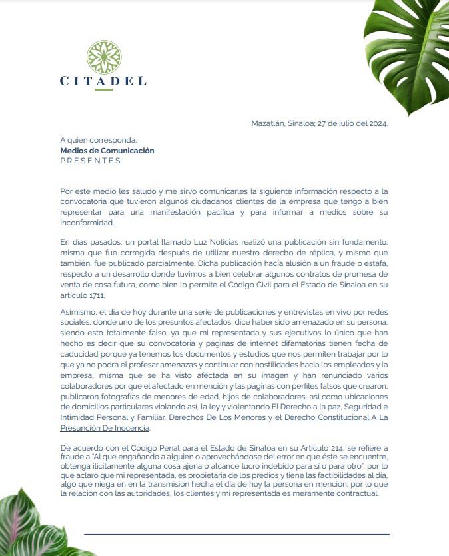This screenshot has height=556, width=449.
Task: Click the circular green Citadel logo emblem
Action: pos(103,57)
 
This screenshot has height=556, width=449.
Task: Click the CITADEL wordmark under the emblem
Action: pos(103,81)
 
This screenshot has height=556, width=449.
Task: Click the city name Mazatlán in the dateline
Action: pos(267,123)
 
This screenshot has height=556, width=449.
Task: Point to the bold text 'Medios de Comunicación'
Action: pos(107,151)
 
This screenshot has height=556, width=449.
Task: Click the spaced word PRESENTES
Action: pos(91,161)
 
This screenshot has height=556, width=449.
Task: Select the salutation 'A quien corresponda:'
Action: pos(98,141)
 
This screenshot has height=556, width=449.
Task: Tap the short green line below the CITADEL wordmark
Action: pos(103,90)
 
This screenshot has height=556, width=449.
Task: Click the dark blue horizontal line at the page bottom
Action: pos(236,534)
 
